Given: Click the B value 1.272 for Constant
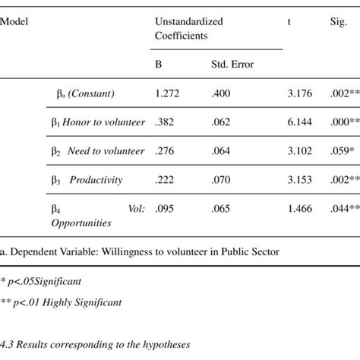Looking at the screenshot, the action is coord(168,93).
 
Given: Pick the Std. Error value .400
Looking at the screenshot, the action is coord(220,93).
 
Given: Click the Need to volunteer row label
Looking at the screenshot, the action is coord(106,151).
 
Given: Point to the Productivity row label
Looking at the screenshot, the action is coord(97,180).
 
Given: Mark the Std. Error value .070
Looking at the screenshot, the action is coord(220,180).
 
